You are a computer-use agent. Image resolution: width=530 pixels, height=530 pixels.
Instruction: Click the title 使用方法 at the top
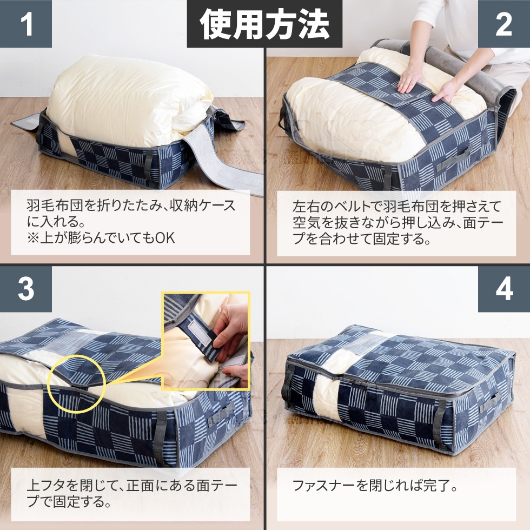click(x=264, y=24)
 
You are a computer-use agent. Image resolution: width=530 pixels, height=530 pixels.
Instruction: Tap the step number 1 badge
click(x=25, y=24)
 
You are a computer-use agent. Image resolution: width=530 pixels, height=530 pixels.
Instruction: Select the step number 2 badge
click(x=504, y=24)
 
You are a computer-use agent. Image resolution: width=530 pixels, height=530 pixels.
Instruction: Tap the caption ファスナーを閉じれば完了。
click(x=375, y=485)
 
